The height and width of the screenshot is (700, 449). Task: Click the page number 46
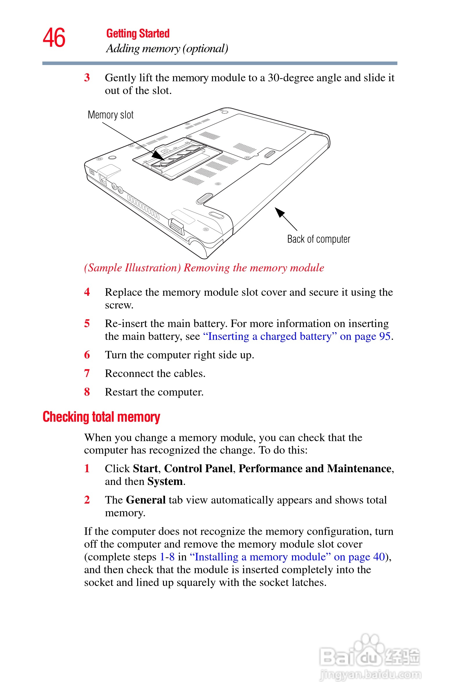[x=54, y=38]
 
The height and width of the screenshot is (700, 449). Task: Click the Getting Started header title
[x=137, y=34]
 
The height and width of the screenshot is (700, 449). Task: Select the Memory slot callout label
[x=111, y=115]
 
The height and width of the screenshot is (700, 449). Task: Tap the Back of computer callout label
[x=318, y=239]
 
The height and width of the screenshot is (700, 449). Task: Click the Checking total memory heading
[x=101, y=417]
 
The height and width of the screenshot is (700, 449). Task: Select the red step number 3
[x=87, y=77]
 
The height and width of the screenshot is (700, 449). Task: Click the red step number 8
[x=87, y=392]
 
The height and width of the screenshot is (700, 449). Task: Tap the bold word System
[x=165, y=481]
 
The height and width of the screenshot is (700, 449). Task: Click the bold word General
[x=146, y=500]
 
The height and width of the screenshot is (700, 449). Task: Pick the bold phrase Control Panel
[x=198, y=468]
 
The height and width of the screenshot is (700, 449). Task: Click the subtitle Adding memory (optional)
[x=167, y=48]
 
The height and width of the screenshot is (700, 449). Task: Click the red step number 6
[x=87, y=355]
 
